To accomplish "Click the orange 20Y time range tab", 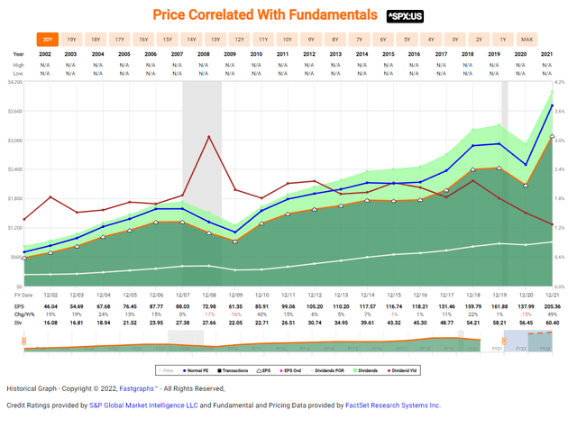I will [x=46, y=40].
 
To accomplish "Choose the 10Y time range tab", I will [x=287, y=40].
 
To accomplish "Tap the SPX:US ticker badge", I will [x=407, y=16].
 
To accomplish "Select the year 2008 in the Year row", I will [x=215, y=54].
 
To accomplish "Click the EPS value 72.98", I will [x=215, y=306].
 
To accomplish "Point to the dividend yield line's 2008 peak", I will [x=209, y=136].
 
